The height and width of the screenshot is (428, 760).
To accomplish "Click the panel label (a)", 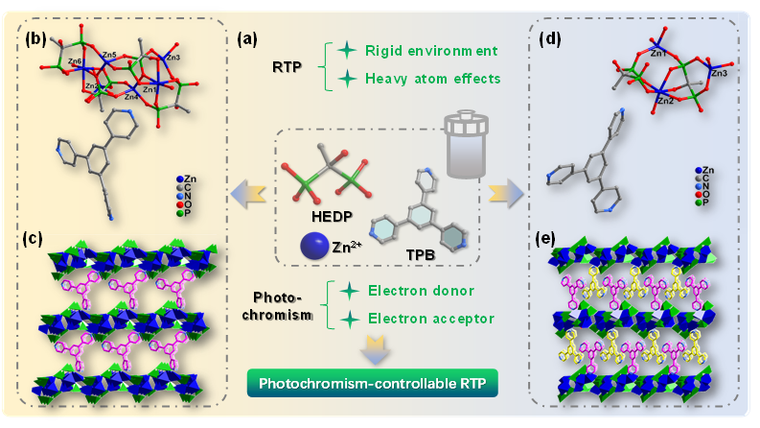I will pyautogui.click(x=248, y=40).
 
